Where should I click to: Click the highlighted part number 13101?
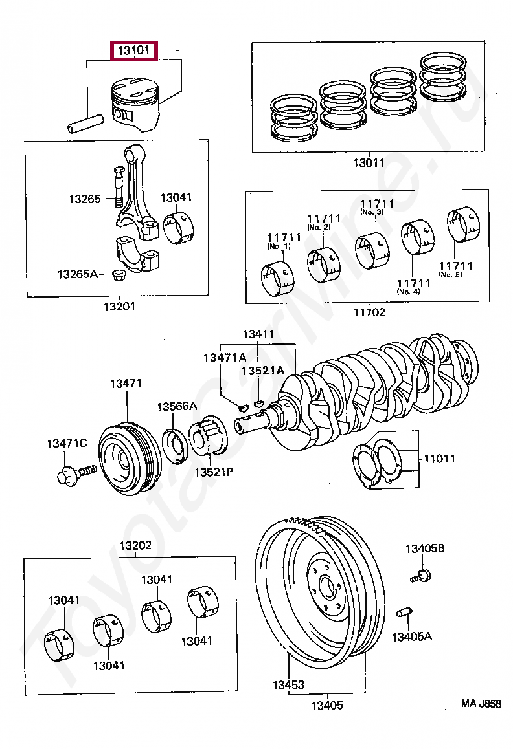click(134, 50)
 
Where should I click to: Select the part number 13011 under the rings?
click(369, 163)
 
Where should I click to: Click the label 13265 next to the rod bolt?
click(85, 199)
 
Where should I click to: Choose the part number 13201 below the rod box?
click(119, 306)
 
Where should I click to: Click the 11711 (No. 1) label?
click(283, 241)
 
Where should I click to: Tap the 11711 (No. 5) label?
click(455, 270)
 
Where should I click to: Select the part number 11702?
click(369, 312)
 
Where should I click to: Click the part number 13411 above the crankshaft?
click(258, 334)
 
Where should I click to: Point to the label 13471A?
click(224, 357)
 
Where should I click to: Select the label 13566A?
click(177, 406)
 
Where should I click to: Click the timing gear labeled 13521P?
click(209, 434)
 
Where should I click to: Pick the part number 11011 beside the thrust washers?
click(439, 459)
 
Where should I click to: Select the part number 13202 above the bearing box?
click(135, 545)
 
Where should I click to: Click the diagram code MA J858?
click(481, 703)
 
